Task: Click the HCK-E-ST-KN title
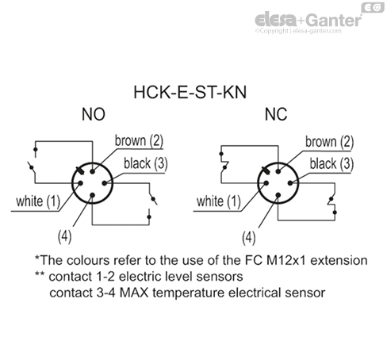(x=193, y=92)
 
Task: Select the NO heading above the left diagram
(x=93, y=115)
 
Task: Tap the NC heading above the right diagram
(x=274, y=115)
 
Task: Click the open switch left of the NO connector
(x=33, y=167)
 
